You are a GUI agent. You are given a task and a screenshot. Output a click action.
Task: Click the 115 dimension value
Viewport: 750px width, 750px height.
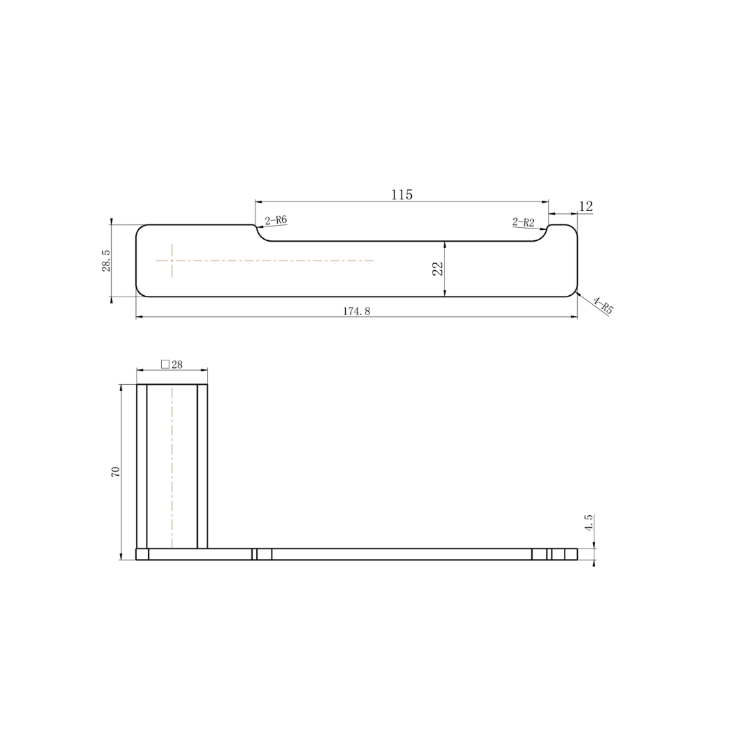(401, 194)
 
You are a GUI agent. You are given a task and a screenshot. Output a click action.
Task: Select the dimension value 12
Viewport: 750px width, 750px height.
(585, 206)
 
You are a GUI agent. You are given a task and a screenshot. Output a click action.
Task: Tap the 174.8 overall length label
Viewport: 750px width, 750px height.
(356, 311)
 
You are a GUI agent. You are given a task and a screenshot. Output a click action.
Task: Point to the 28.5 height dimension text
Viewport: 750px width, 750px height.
(107, 260)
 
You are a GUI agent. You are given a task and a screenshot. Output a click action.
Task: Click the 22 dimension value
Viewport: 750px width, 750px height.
(438, 268)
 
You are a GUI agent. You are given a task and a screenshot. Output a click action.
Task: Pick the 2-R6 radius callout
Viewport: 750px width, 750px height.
(276, 220)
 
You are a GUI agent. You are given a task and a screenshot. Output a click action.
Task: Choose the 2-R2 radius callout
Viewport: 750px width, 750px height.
(524, 222)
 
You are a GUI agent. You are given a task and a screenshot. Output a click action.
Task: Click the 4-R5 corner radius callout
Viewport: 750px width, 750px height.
(603, 306)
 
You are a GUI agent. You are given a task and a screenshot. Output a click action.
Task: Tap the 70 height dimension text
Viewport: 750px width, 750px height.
(116, 471)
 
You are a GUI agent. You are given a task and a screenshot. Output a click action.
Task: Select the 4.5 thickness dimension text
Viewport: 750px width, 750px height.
(589, 523)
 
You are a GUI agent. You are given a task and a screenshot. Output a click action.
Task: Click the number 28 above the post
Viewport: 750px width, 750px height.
(177, 365)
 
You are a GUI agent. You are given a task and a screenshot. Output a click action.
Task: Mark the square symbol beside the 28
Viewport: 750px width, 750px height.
(165, 364)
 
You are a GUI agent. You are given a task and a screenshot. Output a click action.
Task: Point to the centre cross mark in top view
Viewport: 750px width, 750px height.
(172, 260)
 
